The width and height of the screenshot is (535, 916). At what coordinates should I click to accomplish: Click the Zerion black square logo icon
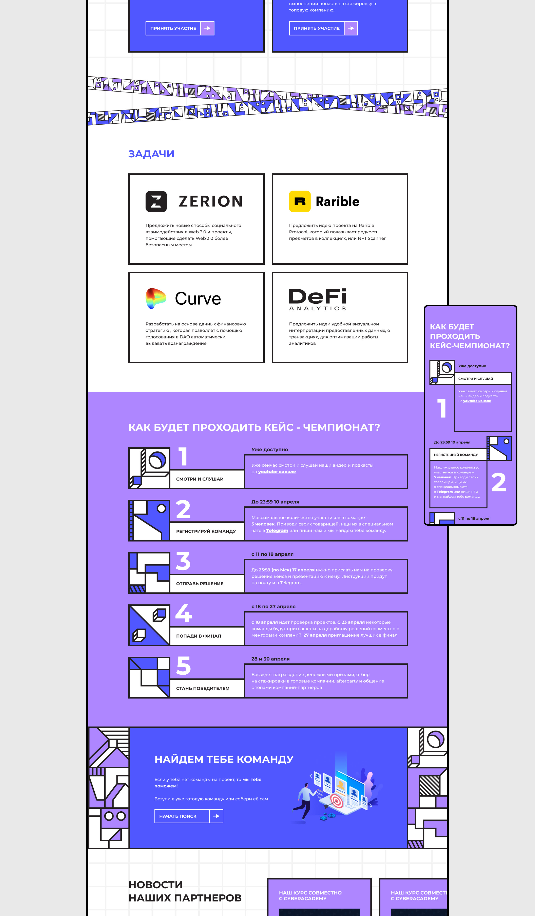click(156, 201)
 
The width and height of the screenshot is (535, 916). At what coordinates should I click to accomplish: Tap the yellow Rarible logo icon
click(300, 201)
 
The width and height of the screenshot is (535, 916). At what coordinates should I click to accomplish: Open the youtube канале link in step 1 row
click(277, 472)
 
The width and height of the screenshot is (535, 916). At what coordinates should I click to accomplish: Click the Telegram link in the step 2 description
click(277, 531)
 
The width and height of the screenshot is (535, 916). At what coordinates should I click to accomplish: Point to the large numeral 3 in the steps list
click(183, 561)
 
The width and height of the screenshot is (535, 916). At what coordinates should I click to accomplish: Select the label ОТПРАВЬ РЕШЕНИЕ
click(200, 584)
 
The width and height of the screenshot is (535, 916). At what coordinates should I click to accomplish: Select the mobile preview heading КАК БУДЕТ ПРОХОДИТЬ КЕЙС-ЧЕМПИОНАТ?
click(469, 336)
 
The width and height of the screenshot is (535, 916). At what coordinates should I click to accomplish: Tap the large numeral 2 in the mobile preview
click(499, 482)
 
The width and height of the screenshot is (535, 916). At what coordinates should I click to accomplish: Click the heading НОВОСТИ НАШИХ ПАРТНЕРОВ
click(185, 892)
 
